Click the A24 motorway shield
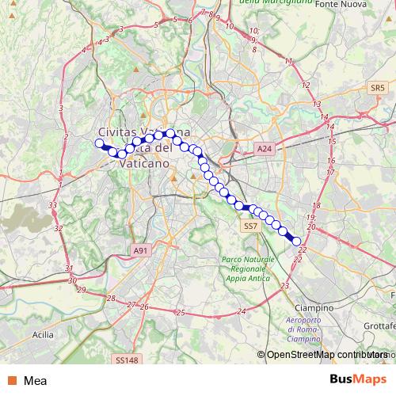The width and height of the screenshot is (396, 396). pos(265,148)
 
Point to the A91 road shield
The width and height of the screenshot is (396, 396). pos(140,250)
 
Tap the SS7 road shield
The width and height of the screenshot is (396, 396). pos(251,227)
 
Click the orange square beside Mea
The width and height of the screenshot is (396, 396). pos(13,380)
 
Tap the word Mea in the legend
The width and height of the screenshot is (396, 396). pos(35,380)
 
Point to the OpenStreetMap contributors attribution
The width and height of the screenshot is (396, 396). pos(321,356)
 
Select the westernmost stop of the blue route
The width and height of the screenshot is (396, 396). pos(100,143)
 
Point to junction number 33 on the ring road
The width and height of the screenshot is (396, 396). pos(52,206)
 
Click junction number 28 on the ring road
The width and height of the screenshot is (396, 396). pos(111,299)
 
